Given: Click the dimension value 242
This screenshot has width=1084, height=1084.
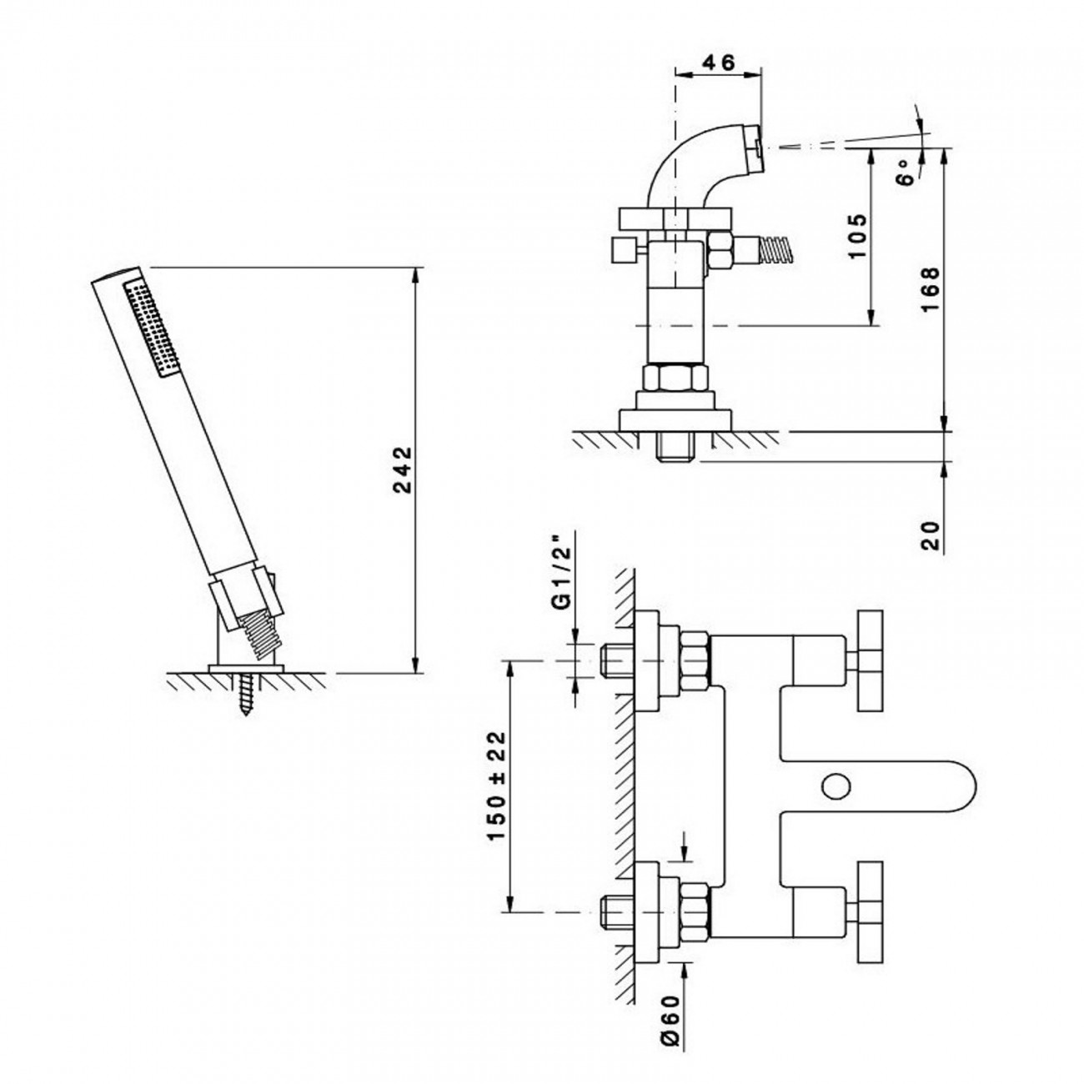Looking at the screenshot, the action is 403,470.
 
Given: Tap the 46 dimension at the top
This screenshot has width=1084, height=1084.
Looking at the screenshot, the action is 720,63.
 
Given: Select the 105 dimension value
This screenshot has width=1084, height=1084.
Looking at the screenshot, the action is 857,235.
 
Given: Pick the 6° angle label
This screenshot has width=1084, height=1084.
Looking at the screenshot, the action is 905,172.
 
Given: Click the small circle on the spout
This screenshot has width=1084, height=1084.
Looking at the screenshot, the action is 836,785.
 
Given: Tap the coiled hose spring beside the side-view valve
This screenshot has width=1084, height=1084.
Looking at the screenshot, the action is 776,249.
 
